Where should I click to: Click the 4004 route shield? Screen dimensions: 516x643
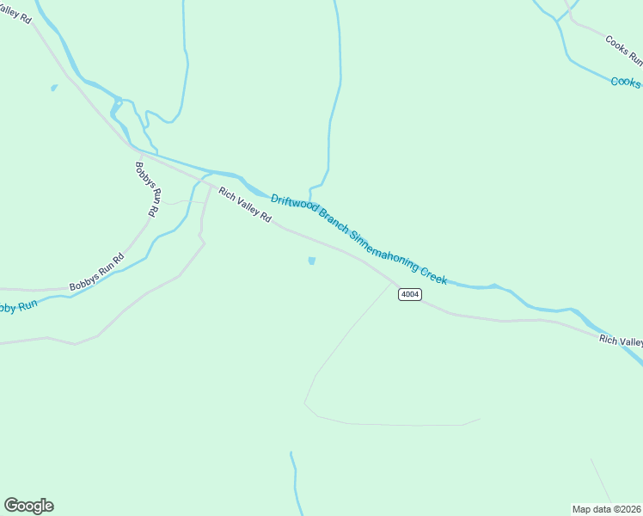click(410, 294)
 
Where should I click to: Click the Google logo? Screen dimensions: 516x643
click(28, 506)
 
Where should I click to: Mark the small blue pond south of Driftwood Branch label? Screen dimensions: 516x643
click(311, 261)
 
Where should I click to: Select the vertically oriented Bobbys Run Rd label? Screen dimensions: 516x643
click(148, 188)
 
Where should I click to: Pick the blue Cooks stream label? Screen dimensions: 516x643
click(626, 83)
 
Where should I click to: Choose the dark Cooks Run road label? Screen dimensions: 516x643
click(623, 51)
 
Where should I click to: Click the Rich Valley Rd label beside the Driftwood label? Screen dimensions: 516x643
click(245, 206)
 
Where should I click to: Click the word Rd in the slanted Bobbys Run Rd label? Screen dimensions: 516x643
click(118, 260)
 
